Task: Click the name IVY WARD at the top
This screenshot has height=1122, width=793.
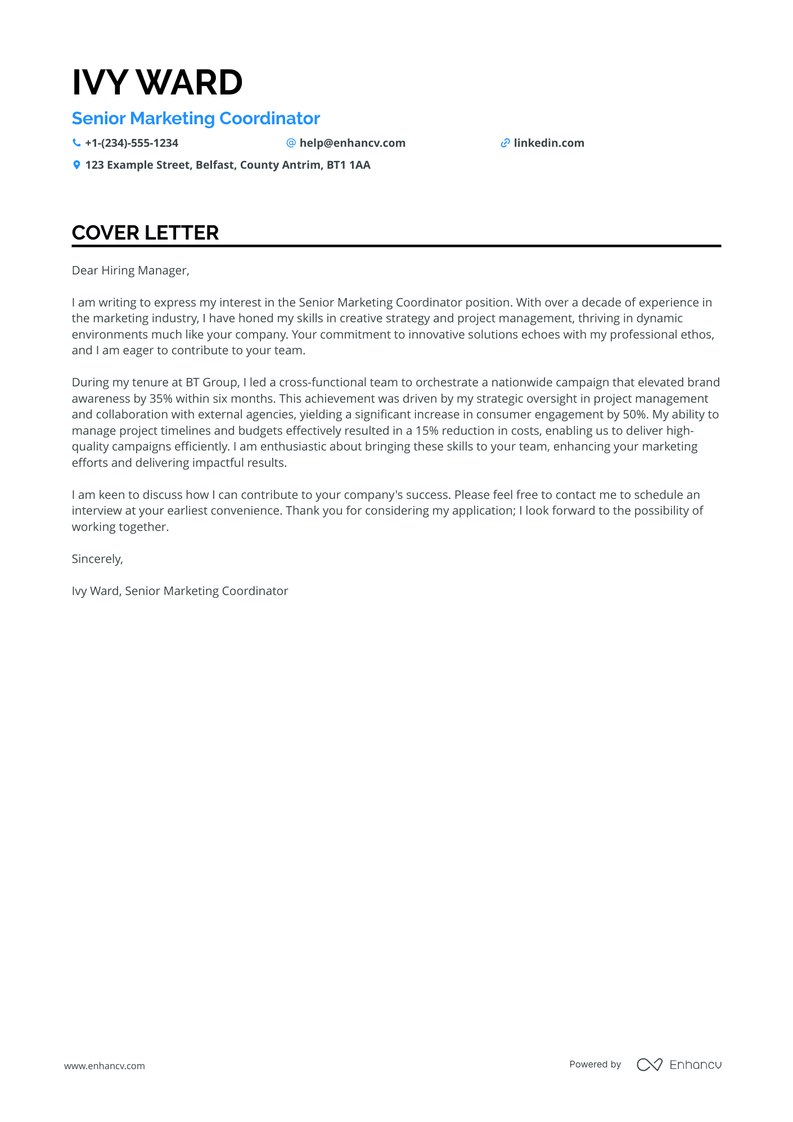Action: (x=157, y=82)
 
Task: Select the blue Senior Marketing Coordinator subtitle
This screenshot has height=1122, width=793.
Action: (x=196, y=119)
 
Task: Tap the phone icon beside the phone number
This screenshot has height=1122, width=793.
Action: (x=76, y=143)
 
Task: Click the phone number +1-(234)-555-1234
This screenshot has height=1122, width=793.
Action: (x=132, y=143)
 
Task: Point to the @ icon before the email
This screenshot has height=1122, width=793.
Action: (x=291, y=143)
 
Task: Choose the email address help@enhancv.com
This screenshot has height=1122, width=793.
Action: (x=352, y=143)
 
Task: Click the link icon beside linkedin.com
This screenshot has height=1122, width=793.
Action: (x=505, y=143)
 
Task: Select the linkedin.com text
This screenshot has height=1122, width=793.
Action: (x=549, y=143)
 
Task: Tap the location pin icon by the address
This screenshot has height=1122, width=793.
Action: (x=76, y=165)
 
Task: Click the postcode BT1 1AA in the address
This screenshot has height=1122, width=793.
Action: (x=349, y=165)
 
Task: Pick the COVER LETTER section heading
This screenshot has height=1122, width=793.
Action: (x=145, y=233)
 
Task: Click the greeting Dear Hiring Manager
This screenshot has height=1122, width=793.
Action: (x=130, y=271)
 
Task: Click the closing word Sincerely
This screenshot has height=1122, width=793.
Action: (x=97, y=559)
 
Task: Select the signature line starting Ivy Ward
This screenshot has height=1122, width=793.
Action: (x=180, y=591)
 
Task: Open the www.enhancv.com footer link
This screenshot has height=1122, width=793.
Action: (x=105, y=1066)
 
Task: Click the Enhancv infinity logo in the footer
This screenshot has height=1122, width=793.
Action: (x=649, y=1065)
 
